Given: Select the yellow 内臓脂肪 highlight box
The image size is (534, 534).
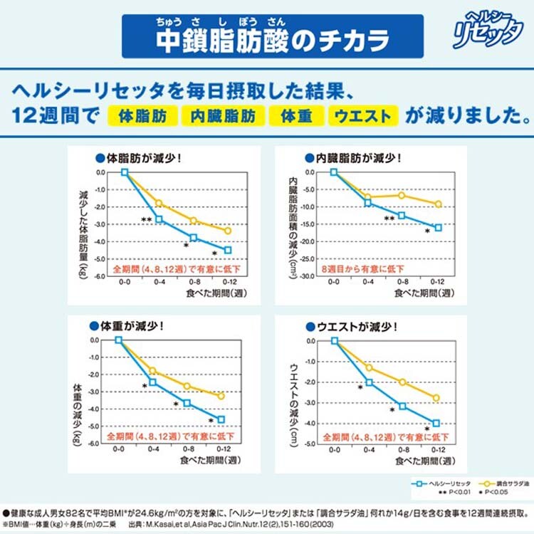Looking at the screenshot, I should coord(223,115).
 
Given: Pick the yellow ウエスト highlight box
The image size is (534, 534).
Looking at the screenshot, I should coord(362,115).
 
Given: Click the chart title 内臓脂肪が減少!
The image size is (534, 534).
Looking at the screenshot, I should coord(353,158).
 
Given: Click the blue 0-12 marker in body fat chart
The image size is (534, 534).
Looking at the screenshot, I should coord(228,250).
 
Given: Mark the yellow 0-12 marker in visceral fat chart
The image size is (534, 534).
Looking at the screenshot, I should coord(439,204).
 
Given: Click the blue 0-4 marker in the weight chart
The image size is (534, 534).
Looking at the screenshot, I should coord(152,382).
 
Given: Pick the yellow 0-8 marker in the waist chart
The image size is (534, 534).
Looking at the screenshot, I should coord(402,382).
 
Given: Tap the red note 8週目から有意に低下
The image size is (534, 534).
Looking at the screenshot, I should coord(362,268).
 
